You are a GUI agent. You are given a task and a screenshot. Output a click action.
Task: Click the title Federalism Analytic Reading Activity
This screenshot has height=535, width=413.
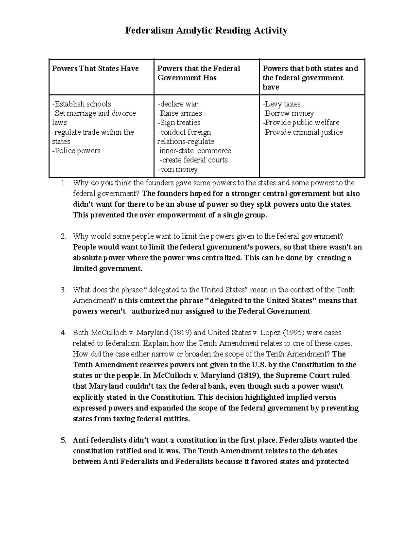coord(206,31)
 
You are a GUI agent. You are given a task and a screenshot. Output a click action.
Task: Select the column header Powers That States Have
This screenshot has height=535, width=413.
coord(95,69)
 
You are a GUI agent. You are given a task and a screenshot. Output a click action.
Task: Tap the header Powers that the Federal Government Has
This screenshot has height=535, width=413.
coord(199,73)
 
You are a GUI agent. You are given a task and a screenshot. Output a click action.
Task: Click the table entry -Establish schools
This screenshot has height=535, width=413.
coord(82,104)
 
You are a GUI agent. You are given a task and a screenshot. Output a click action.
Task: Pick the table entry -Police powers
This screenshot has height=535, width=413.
coord(76,151)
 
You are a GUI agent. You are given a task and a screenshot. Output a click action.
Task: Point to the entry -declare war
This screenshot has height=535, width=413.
coord(178,104)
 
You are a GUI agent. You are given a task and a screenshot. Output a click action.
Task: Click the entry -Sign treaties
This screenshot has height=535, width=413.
coord(179,123)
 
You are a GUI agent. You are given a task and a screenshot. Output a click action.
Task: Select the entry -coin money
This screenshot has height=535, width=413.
coord(177,169)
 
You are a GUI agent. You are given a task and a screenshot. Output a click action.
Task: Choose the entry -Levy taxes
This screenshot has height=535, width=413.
coord(282,104)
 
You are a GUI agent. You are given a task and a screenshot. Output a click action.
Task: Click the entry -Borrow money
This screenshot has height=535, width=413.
coord(288,113)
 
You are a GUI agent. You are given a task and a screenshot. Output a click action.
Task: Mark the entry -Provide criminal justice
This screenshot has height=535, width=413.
coord(303,132)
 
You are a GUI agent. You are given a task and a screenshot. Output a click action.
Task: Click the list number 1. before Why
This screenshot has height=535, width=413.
coord(63,183)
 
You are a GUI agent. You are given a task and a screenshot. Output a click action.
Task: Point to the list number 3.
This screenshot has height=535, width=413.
coord(63,290)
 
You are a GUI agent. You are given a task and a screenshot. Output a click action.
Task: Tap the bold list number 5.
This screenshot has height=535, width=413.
coord(63,440)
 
